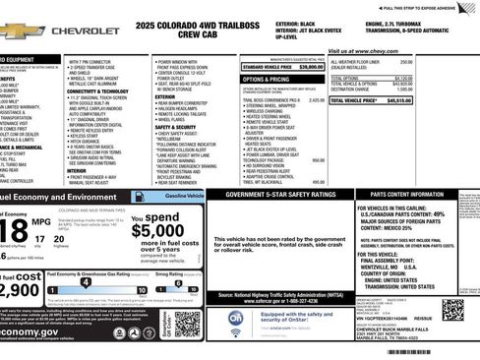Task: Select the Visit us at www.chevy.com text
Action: click(x=363, y=49)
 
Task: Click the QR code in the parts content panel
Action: click(x=454, y=311)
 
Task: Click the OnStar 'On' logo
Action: click(x=236, y=319)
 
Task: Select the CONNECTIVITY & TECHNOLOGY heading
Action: click(x=99, y=91)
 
